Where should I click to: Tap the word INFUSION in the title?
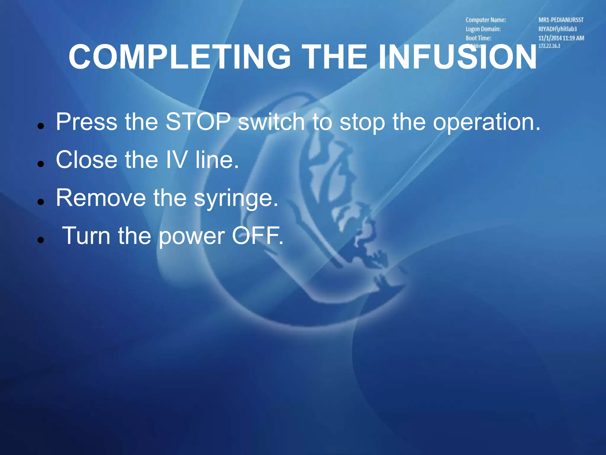[457, 57]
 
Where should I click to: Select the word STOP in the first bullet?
[198, 122]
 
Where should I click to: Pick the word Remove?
[101, 198]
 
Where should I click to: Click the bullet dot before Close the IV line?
[41, 164]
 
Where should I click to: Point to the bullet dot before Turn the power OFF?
[41, 240]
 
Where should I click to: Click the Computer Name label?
[486, 20]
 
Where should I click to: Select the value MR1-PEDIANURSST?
[561, 20]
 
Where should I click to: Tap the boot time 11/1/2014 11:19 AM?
[561, 38]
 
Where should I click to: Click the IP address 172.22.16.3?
[549, 46]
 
